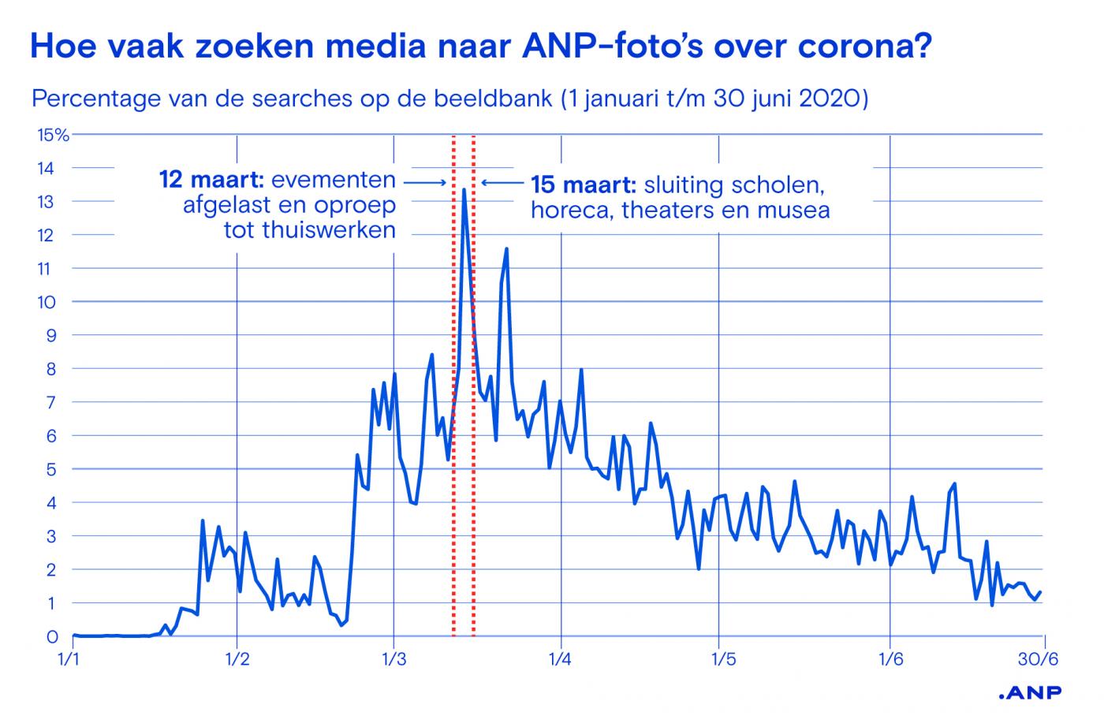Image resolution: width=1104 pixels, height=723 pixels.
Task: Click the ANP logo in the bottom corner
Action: pos(1030,693)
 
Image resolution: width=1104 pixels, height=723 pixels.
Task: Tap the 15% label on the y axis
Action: pos(53,135)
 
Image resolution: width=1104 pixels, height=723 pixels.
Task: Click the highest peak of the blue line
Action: pos(464,190)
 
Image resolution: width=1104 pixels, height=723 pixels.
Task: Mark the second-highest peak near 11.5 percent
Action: pos(506,249)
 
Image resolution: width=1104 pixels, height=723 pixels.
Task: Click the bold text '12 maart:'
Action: pos(206,180)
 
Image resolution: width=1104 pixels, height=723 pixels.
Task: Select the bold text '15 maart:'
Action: pos(584,185)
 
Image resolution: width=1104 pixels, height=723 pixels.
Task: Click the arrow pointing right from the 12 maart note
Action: pos(425,181)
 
